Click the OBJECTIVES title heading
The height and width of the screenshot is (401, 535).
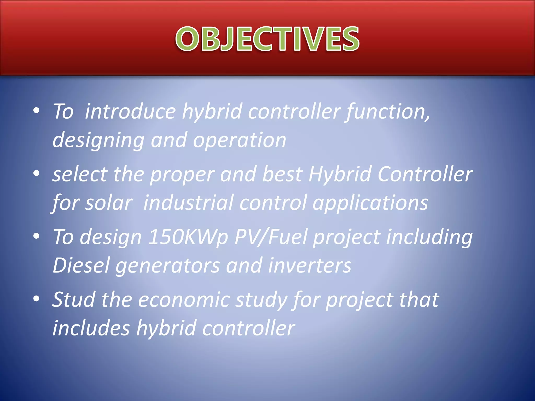coord(267,39)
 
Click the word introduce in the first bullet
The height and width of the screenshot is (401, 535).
coord(130,112)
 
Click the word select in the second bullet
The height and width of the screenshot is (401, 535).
coord(80,174)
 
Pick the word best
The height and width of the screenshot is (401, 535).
coord(282,174)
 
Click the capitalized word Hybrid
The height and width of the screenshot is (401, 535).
coord(340,174)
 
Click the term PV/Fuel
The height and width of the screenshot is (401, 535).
coord(271,237)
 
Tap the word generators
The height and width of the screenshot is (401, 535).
coord(167,265)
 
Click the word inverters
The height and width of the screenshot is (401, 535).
coord(310,265)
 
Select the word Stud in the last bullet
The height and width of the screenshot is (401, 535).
coord(74,299)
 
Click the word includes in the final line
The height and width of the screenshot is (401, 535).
coord(91,328)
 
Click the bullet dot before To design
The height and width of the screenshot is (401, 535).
coord(36,236)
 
